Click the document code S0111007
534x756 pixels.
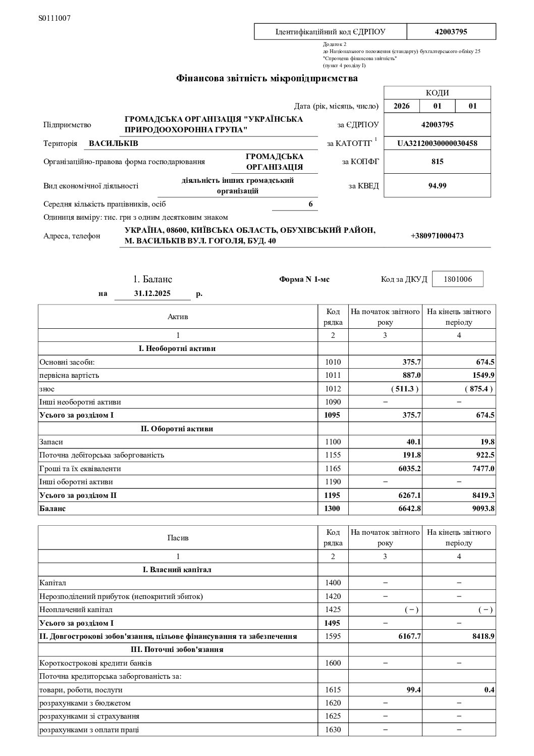pos(55,18)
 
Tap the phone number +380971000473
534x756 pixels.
pos(437,236)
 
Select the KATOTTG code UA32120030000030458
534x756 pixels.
pos(437,143)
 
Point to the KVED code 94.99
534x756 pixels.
pos(437,185)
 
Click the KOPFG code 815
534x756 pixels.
pos(437,162)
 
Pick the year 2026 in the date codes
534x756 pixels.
pos(402,106)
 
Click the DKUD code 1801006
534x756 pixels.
pos(458,279)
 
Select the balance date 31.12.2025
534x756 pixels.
pos(152,293)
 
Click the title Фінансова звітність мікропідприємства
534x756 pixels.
pos(266,78)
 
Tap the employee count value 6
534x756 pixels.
pos(311,204)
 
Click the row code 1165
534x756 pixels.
pos(333,469)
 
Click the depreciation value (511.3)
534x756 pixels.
pos(405,389)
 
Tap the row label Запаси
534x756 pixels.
pos(51,442)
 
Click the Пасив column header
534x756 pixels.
pos(178,538)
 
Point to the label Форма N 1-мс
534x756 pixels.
pos(304,279)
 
